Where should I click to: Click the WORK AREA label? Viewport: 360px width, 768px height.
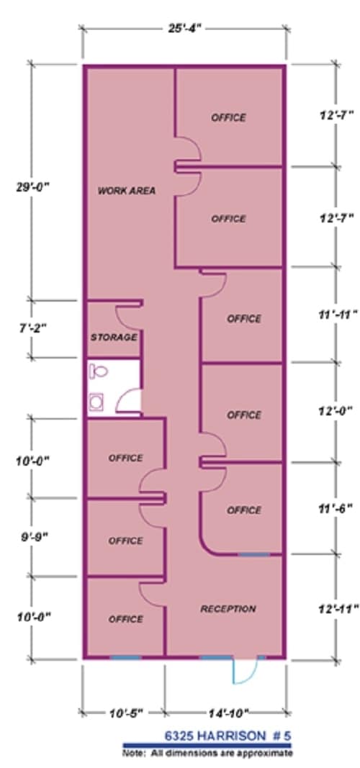(x=127, y=191)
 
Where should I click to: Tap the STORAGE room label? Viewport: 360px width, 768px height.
(x=114, y=337)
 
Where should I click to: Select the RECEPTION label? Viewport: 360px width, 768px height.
(x=228, y=609)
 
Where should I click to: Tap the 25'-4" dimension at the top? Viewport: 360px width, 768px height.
(x=183, y=28)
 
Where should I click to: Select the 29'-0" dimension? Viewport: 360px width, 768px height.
(x=32, y=187)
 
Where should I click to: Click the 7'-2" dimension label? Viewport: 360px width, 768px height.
(x=32, y=328)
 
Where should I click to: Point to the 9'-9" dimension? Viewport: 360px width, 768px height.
(x=32, y=537)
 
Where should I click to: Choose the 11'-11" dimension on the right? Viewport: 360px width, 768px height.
(x=337, y=315)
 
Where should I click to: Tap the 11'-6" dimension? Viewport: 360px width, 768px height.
(x=337, y=507)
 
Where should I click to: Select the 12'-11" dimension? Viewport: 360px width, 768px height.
(x=337, y=609)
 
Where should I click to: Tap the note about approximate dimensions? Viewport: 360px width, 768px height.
(x=207, y=753)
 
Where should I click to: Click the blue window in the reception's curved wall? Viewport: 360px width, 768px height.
(x=254, y=554)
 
